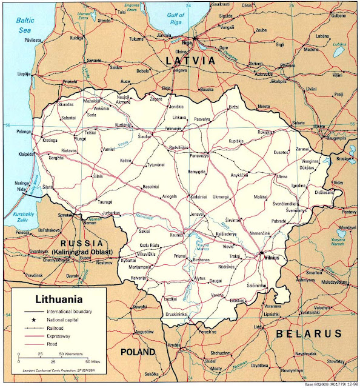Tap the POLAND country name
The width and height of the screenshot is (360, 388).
[x=137, y=352]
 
